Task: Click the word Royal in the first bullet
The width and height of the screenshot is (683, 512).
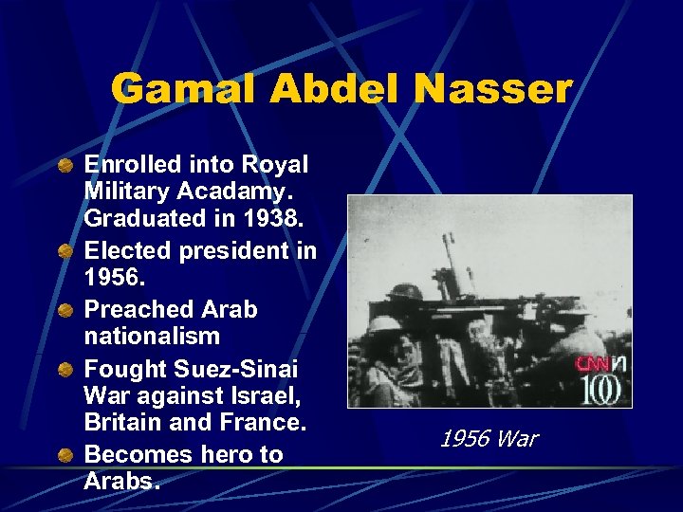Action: pos(275,164)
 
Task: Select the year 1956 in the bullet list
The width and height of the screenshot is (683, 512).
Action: pos(111,278)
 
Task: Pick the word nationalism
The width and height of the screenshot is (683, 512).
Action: pos(152,336)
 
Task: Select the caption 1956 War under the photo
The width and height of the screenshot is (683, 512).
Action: pos(489,438)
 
